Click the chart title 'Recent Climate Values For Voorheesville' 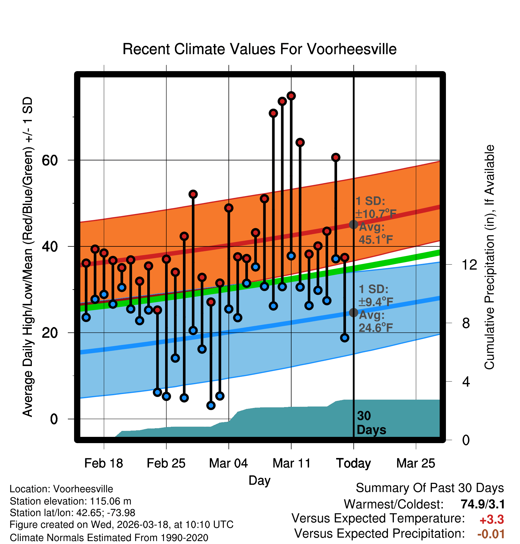(x=259, y=49)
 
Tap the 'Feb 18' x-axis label (x=104, y=463)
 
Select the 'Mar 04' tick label (x=228, y=463)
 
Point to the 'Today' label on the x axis (x=353, y=463)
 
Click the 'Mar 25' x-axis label (x=416, y=463)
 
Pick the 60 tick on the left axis (x=50, y=160)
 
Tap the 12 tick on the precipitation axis (x=469, y=265)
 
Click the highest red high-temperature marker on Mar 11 (x=291, y=96)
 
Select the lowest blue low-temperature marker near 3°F (x=211, y=405)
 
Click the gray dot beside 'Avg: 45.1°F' (x=353, y=224)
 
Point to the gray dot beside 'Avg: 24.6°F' (x=353, y=312)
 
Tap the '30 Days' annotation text (x=371, y=423)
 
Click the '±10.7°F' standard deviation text (x=376, y=214)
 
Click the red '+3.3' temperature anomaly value (x=491, y=520)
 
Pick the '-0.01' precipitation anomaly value (x=491, y=534)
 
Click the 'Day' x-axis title (x=259, y=480)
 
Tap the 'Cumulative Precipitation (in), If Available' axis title (x=489, y=257)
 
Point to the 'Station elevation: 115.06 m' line (x=71, y=501)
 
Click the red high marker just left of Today (x=344, y=257)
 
